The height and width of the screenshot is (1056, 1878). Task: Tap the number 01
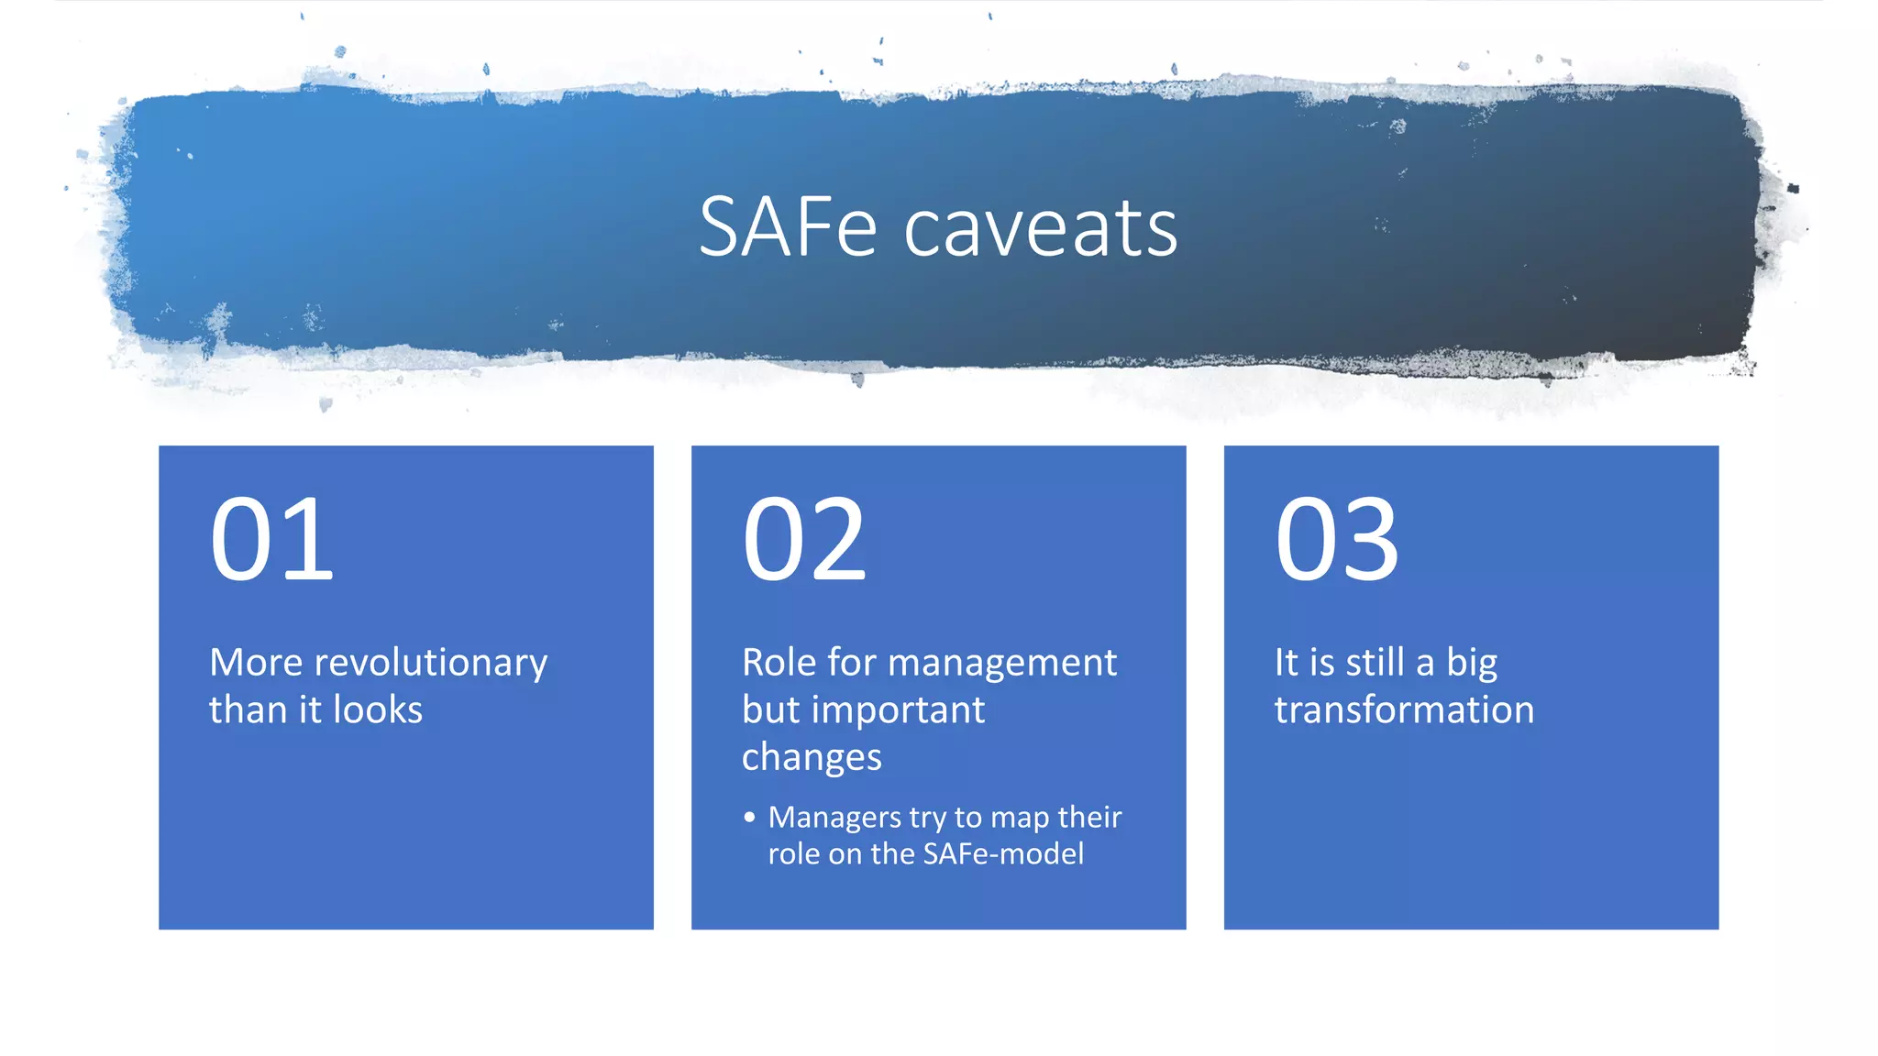tap(271, 540)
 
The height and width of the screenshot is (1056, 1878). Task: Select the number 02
tap(804, 540)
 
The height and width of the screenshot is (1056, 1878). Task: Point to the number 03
tap(1337, 540)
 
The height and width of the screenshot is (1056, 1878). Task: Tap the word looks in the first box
tap(378, 710)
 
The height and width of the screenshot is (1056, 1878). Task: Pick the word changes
tap(812, 758)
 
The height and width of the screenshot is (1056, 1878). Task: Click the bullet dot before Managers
tap(750, 817)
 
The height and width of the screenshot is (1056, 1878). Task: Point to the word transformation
tap(1404, 710)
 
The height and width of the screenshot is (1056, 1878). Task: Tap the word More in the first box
tap(256, 663)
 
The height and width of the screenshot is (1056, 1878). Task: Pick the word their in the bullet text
tap(1089, 817)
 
